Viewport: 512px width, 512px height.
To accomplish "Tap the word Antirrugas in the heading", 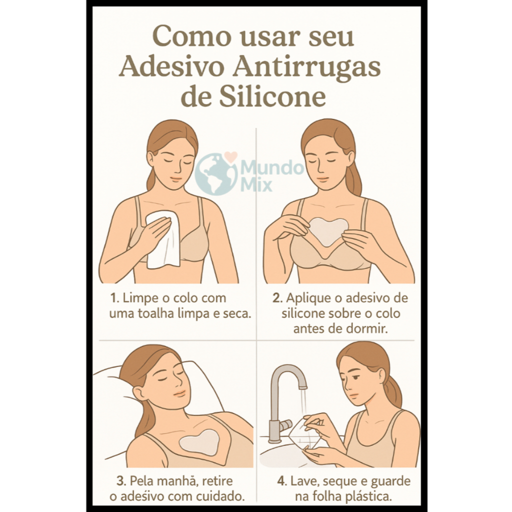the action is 306,67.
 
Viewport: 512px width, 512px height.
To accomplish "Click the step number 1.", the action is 113,298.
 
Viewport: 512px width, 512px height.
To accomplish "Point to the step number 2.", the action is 277,298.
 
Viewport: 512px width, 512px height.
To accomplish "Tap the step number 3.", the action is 121,481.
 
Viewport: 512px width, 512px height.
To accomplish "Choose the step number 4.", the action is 282,481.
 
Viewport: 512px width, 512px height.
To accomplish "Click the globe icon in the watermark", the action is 216,174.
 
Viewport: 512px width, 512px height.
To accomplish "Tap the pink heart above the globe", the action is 231,156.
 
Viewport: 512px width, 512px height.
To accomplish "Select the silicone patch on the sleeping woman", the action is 200,442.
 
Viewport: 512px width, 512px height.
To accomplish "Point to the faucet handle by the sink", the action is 284,425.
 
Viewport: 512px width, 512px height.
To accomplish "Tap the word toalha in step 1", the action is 156,313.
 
